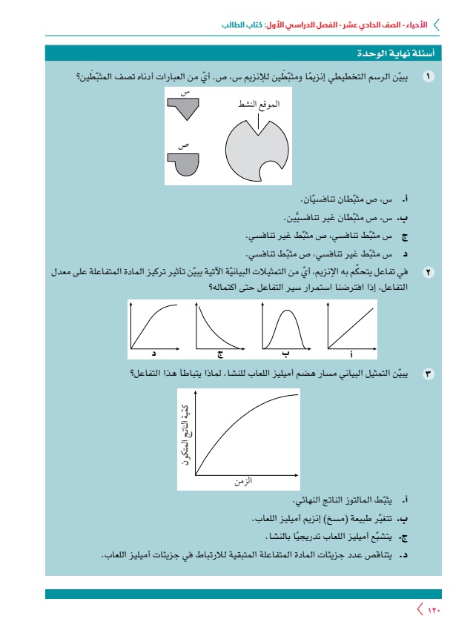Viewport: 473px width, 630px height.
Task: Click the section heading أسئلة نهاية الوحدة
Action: pyautogui.click(x=400, y=55)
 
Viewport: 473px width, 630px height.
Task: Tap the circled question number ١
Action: pyautogui.click(x=428, y=76)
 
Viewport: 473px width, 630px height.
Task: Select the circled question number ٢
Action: pyautogui.click(x=428, y=273)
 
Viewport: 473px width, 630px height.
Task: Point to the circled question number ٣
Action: pyautogui.click(x=428, y=374)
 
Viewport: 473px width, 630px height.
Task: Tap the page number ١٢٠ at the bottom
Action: pyautogui.click(x=434, y=610)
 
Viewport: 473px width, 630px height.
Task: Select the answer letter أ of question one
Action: pyautogui.click(x=405, y=200)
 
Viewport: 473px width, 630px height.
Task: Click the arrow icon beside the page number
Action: pyautogui.click(x=420, y=610)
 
